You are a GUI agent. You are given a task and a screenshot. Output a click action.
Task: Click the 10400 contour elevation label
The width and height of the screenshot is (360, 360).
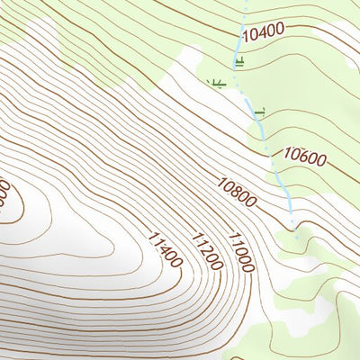point(264,32)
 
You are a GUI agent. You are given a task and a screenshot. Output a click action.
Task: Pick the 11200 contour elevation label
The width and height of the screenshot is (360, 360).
point(205,250)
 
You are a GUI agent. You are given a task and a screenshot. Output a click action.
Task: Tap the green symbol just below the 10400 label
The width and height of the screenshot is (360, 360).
point(238,61)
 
